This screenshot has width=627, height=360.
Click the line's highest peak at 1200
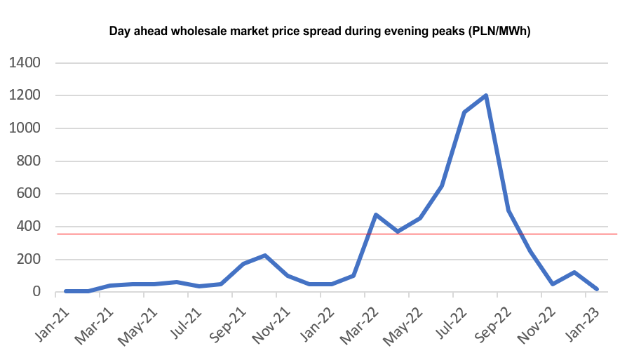pos(486,95)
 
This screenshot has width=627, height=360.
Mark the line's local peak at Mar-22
pos(376,215)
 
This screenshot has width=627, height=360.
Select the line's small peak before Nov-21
pos(265,255)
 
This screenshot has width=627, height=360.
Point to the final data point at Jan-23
pos(596,288)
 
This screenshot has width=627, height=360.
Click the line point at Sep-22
pos(508,210)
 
